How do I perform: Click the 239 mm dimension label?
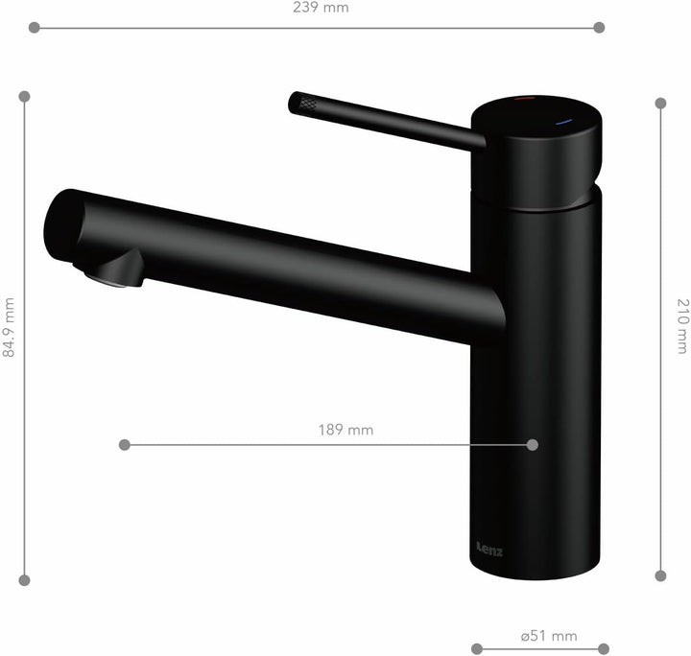[321, 8]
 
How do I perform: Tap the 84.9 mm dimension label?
[9, 327]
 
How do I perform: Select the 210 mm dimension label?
[681, 327]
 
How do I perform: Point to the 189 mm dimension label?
[345, 430]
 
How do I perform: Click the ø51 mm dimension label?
[548, 636]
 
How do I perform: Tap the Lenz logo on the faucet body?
[488, 550]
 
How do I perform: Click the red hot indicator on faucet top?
[526, 99]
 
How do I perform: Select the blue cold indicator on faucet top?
[563, 123]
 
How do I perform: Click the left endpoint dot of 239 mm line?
[35, 28]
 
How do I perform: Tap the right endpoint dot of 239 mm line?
[599, 28]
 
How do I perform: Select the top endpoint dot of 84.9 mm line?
[25, 96]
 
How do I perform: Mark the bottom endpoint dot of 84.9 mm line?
[25, 579]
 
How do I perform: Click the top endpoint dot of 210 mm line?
[660, 103]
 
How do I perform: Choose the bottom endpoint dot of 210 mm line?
[660, 575]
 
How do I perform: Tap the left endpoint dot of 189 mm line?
[124, 445]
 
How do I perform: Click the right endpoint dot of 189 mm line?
[533, 445]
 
